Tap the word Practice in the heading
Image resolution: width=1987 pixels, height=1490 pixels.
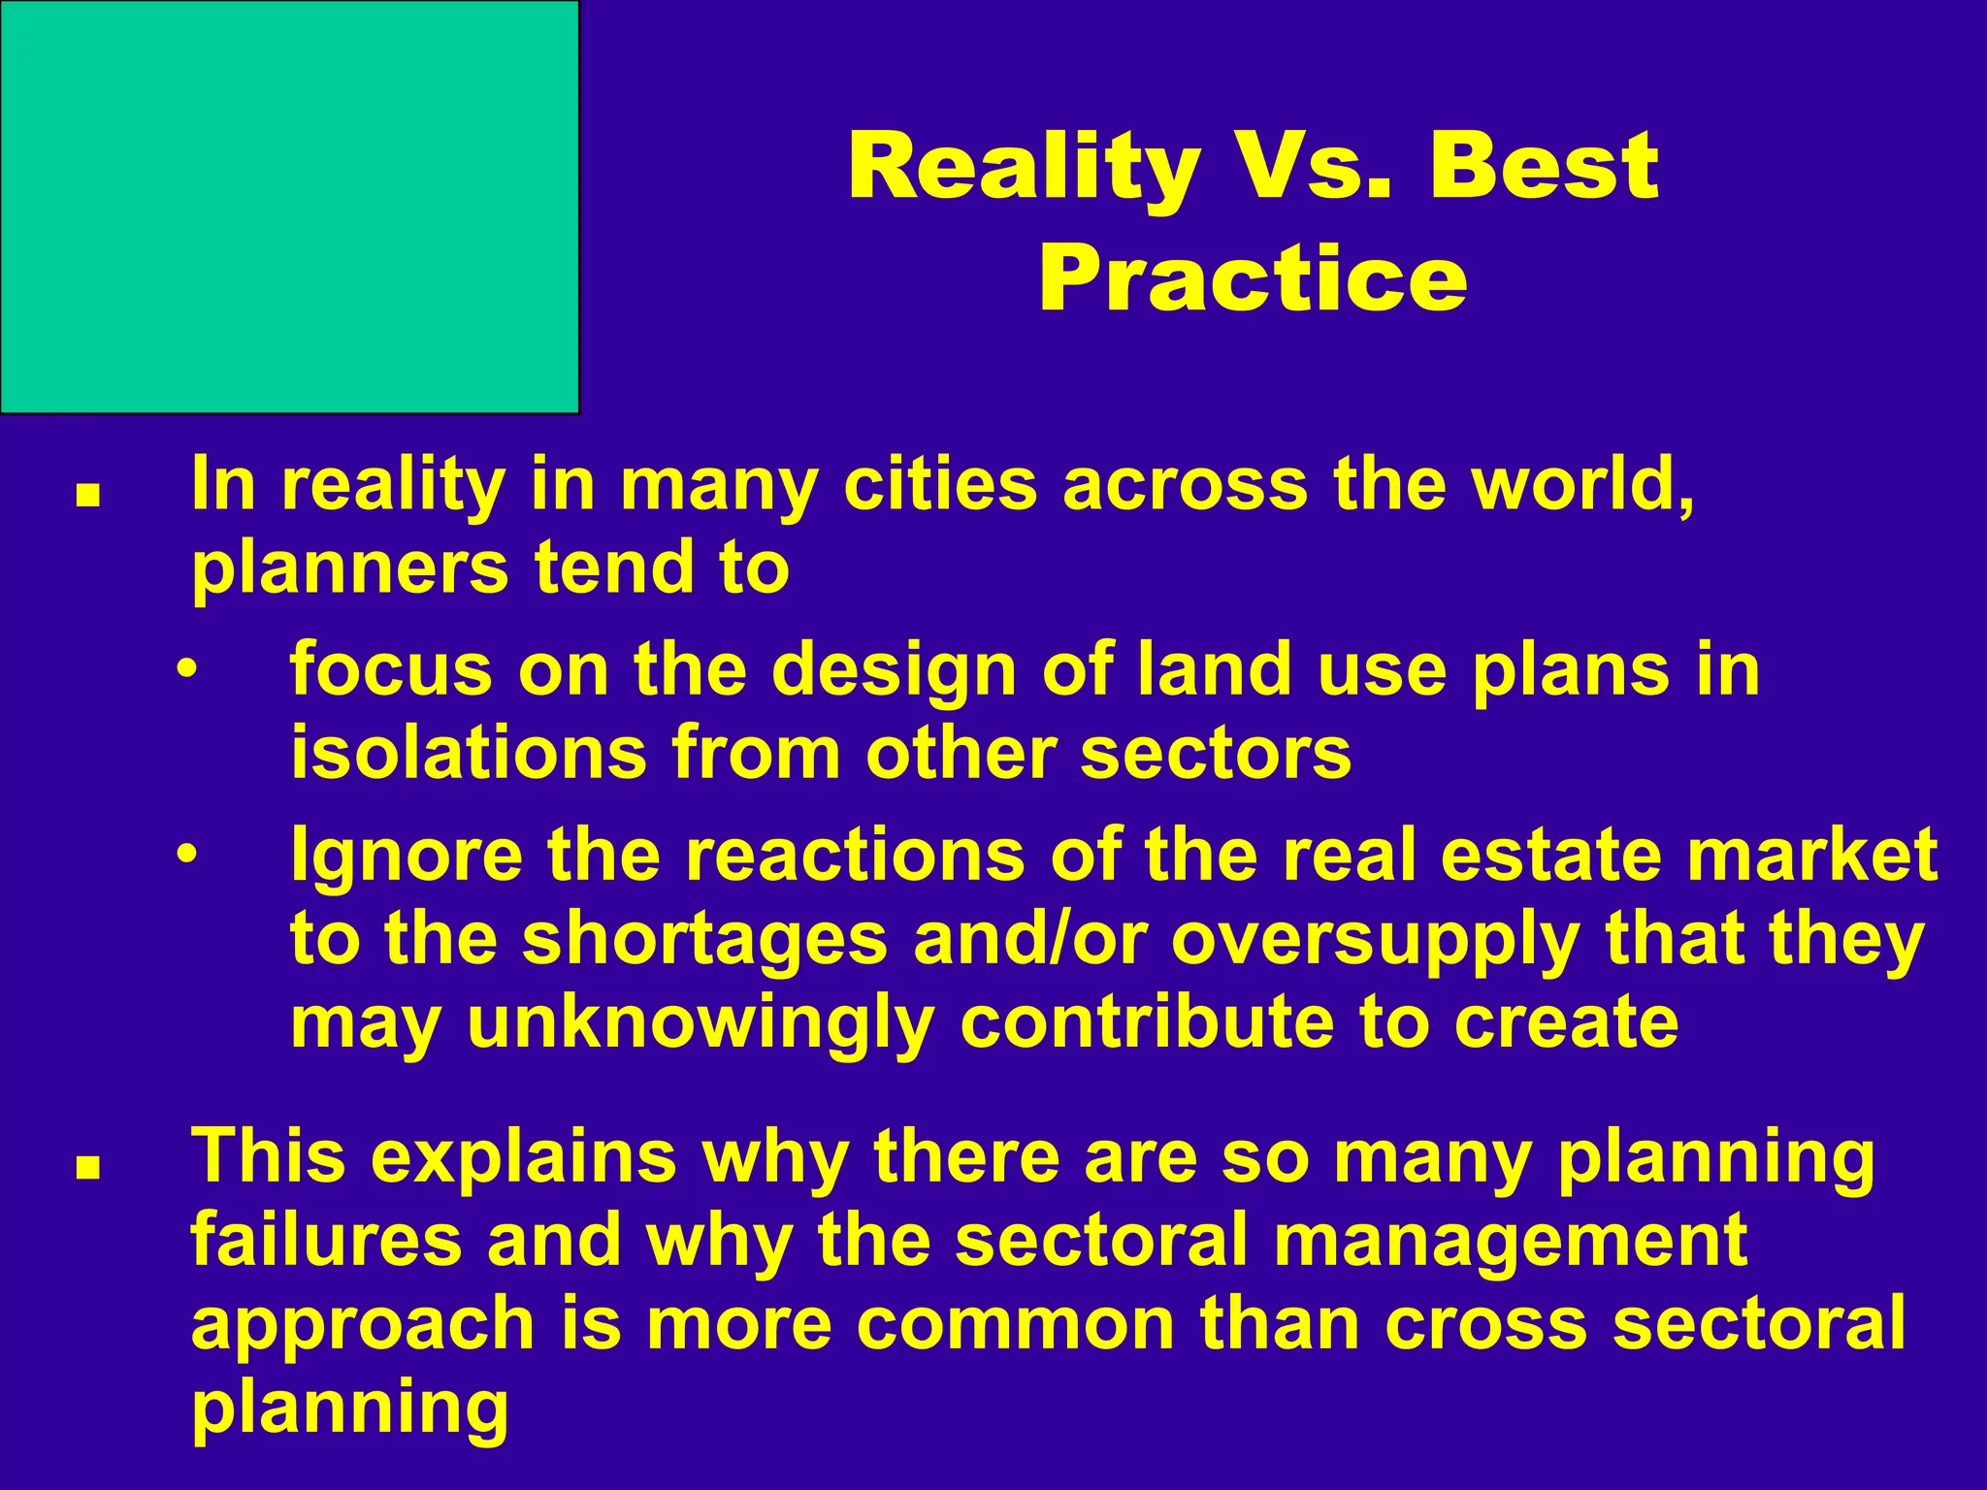1253,279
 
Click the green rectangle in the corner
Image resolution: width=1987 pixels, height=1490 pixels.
289,207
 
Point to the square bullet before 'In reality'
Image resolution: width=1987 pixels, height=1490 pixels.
89,496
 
